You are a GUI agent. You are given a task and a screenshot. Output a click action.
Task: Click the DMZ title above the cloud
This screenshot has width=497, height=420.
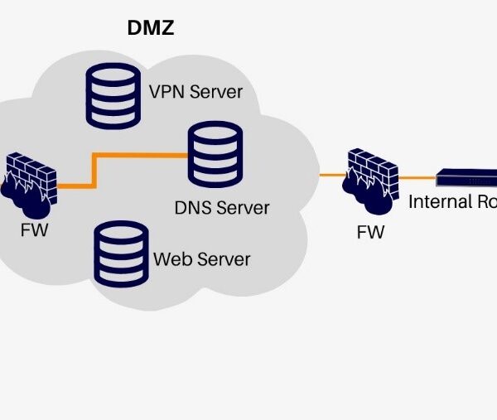click(150, 28)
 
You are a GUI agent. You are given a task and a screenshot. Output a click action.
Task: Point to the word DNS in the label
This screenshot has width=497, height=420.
click(193, 206)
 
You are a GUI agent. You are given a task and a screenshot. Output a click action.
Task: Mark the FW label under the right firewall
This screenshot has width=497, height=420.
click(370, 232)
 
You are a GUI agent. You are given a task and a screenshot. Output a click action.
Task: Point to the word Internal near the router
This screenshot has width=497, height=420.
click(439, 201)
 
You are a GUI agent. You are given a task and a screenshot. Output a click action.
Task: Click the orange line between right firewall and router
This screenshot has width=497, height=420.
click(419, 176)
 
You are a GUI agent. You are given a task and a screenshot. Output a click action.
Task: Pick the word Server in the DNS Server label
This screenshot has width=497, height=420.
click(243, 206)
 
